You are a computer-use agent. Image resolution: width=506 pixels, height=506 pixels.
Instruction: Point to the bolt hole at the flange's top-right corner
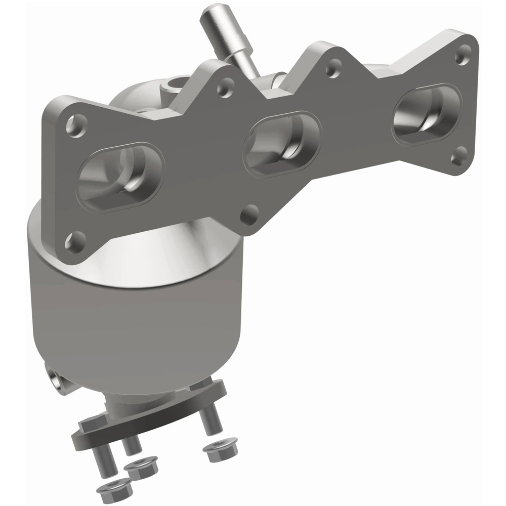[462, 55]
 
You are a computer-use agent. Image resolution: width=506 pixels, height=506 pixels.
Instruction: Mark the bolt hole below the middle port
[249, 215]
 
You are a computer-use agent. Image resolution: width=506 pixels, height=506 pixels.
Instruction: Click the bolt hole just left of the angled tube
[225, 88]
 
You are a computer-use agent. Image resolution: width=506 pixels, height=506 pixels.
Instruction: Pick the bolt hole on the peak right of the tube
[333, 69]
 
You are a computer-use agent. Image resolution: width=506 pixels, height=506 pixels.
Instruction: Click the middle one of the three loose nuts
[141, 465]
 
